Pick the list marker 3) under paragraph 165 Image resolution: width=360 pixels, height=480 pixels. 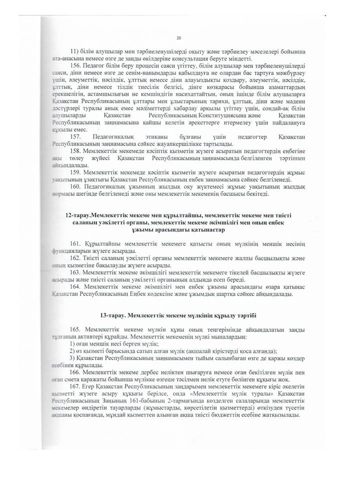pyautogui.click(x=72, y=359)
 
